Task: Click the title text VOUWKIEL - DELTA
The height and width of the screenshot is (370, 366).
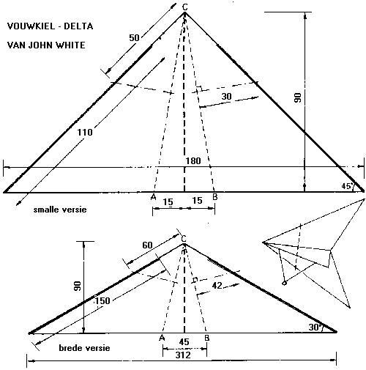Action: [x=50, y=26]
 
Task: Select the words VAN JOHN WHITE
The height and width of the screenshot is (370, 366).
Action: [x=46, y=45]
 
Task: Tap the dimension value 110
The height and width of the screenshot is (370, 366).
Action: [x=85, y=133]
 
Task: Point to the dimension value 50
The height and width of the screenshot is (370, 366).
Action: [x=134, y=38]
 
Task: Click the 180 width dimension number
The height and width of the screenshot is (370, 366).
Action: [x=193, y=161]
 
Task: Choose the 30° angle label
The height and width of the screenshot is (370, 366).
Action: [x=315, y=327]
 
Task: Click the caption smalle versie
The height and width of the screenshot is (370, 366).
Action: [x=60, y=210]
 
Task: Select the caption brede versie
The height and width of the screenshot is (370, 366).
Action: [x=84, y=348]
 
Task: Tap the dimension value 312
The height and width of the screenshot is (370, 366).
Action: [x=183, y=355]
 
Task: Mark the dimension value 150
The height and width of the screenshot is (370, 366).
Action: [x=102, y=301]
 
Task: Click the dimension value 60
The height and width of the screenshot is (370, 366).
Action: [x=147, y=245]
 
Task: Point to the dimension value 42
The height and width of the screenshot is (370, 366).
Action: [x=217, y=285]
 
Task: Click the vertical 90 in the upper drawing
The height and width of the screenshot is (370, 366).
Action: [x=298, y=97]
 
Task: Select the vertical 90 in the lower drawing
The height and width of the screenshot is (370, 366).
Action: [x=78, y=286]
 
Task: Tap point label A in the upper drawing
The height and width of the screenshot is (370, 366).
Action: [x=153, y=197]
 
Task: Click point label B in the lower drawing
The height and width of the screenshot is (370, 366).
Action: [x=207, y=338]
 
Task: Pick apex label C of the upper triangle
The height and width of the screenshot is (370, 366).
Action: [x=185, y=7]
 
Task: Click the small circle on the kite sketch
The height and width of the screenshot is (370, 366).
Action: [x=284, y=284]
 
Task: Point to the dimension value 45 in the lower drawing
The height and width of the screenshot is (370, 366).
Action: [x=184, y=342]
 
